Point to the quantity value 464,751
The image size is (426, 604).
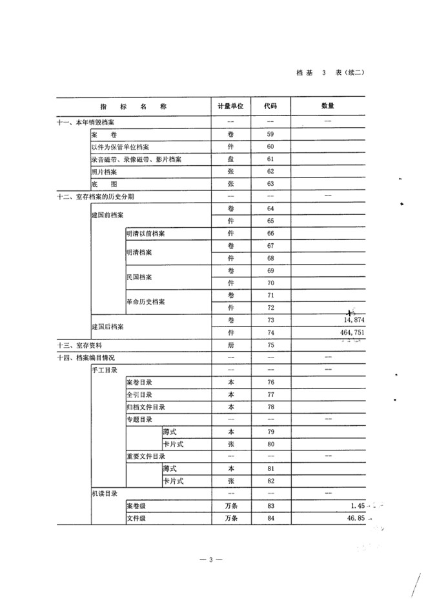pos(349,333)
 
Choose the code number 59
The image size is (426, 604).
pos(270,134)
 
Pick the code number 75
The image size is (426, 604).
pos(270,345)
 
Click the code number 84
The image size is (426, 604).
pos(270,518)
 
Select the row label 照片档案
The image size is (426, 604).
pos(104,172)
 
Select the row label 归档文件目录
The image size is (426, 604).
pos(145,407)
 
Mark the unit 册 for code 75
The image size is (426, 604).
pos(231,345)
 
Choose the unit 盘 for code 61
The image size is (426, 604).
pos(231,159)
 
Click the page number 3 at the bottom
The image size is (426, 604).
pos(210,559)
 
